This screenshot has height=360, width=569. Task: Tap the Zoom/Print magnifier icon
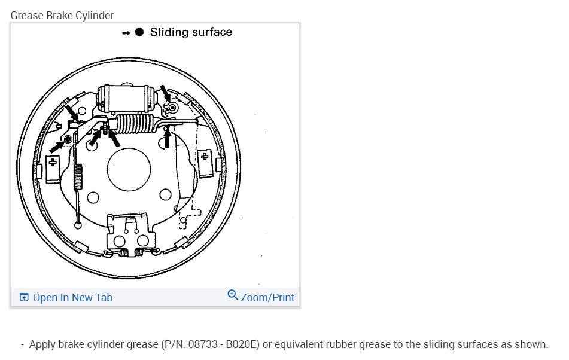233,295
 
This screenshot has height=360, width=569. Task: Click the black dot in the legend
139,32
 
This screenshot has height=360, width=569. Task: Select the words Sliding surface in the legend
191,32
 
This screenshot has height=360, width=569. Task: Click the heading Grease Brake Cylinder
62,15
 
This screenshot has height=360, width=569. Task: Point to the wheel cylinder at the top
127,98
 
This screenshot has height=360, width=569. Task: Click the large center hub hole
129,169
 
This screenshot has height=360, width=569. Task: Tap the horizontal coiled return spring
135,123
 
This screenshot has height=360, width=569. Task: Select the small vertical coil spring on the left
78,177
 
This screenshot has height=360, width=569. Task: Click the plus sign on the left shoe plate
53,162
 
